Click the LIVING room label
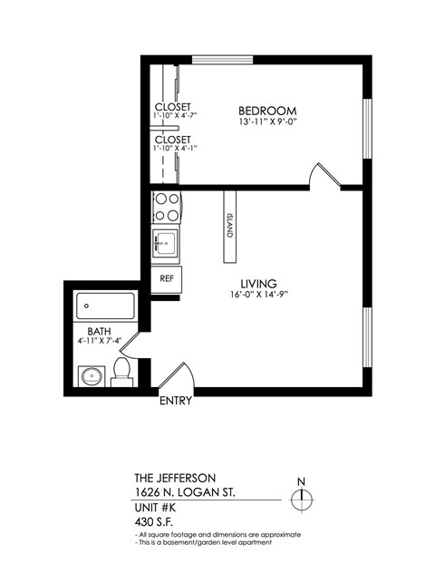click(x=258, y=283)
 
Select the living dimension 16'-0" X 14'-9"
click(x=258, y=296)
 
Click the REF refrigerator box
click(x=167, y=279)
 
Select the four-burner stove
click(x=166, y=208)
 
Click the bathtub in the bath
click(x=105, y=308)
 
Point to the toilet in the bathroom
click(x=121, y=373)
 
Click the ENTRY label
click(x=175, y=401)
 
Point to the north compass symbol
click(x=302, y=498)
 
